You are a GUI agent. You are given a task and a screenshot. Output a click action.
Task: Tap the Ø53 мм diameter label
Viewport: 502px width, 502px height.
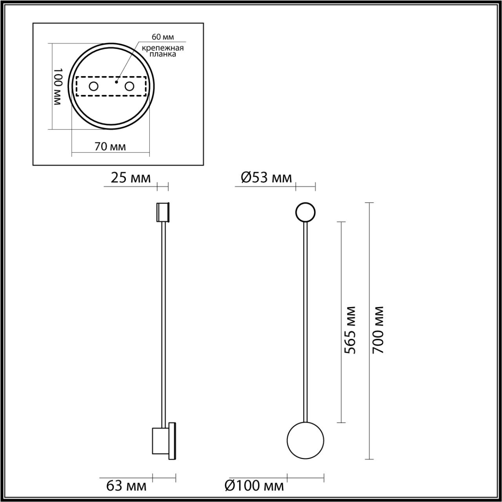coord(266,178)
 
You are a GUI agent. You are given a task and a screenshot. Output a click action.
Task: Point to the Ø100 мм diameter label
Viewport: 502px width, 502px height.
coord(254,486)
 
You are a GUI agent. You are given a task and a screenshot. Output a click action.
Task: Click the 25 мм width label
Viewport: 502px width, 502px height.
coord(131,178)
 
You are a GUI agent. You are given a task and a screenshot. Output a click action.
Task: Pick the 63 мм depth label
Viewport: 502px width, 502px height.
coord(126,486)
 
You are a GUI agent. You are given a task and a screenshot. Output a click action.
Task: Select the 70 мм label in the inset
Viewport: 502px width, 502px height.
coord(110,147)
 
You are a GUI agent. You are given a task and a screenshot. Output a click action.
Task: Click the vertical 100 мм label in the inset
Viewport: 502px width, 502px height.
coord(57,86)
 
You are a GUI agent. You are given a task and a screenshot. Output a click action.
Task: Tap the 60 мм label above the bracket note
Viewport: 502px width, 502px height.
coord(163,37)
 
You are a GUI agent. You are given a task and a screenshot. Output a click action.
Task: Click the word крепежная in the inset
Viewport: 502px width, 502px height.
coord(163,48)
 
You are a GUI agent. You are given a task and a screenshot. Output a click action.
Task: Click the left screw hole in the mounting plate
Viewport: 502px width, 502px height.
coord(93,86)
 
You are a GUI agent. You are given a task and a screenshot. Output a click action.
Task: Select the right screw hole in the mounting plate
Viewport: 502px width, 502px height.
coord(129,86)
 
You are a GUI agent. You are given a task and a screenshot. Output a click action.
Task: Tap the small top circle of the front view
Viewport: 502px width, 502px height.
coord(305,213)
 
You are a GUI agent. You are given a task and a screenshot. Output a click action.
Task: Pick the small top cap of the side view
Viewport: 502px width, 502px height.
coord(162,212)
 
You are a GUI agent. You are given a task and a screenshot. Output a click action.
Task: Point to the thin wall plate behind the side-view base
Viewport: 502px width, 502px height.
coord(172,441)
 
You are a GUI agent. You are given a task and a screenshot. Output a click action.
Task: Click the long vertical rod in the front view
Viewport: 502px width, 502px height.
coord(306,322)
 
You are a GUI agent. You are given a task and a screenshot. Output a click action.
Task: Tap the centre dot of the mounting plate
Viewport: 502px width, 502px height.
coord(116,82)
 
